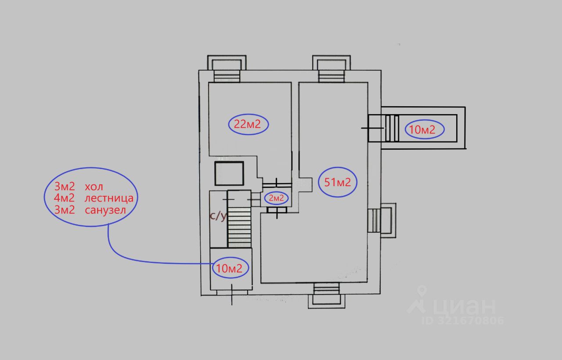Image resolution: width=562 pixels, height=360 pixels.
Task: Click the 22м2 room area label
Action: (x=247, y=124)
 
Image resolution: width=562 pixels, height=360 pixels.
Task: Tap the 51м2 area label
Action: (x=338, y=182)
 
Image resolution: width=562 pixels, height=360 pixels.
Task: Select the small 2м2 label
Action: (x=276, y=198)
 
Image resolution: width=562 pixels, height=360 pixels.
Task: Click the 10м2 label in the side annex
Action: (x=422, y=130)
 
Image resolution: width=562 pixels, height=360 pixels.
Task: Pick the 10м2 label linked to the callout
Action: (x=229, y=268)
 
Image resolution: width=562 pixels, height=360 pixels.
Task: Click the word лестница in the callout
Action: (x=109, y=198)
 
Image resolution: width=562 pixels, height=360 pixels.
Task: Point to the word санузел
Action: (x=105, y=210)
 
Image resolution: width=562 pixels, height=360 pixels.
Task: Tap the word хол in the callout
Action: (x=94, y=187)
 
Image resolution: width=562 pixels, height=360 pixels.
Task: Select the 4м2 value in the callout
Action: (x=64, y=198)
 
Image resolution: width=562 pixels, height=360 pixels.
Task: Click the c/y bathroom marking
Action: (x=218, y=216)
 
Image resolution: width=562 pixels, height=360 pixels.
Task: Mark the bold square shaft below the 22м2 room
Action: (x=229, y=173)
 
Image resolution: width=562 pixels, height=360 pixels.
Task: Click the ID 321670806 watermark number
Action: (x=463, y=320)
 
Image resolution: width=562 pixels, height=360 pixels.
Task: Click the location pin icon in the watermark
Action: (x=422, y=291)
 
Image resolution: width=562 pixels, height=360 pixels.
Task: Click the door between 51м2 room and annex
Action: (x=373, y=128)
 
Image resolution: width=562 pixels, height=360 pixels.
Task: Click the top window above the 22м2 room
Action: (x=227, y=68)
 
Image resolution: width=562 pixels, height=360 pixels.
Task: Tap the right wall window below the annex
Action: (x=382, y=220)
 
